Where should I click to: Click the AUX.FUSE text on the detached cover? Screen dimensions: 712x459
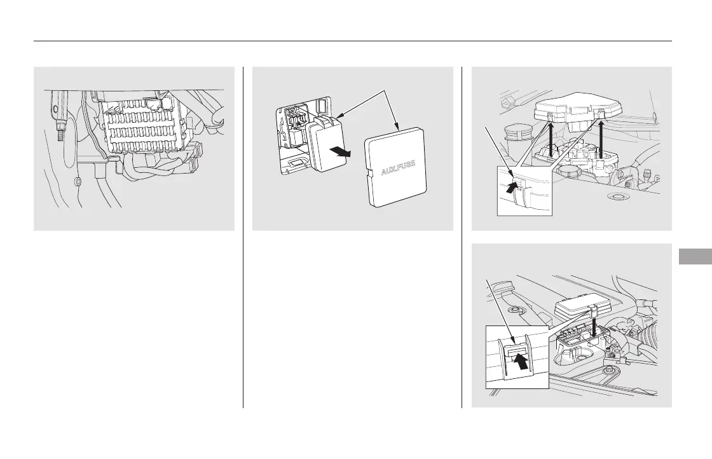point(398,168)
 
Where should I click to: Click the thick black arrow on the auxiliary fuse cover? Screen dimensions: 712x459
point(341,151)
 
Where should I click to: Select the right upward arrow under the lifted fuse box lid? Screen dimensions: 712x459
point(601,138)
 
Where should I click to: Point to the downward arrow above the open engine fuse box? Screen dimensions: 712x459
point(594,326)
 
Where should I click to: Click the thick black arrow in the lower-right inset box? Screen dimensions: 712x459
point(522,361)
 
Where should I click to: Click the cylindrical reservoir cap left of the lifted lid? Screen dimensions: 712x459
point(513,135)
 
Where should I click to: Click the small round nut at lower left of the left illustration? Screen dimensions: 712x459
point(78,182)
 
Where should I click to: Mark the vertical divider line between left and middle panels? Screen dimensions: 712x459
point(243,237)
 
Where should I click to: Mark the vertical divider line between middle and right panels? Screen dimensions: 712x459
point(462,237)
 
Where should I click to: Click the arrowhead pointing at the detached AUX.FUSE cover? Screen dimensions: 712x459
point(397,128)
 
